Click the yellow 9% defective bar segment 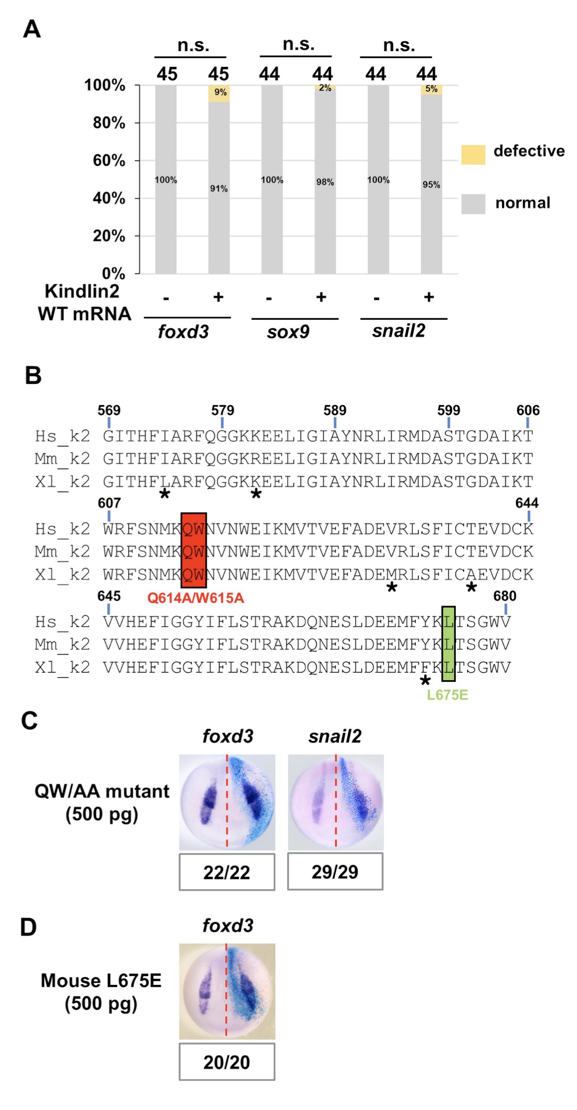[219, 94]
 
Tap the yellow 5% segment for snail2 [431, 90]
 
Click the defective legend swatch [473, 155]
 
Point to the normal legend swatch [473, 204]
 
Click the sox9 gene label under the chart [288, 332]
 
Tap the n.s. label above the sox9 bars [299, 44]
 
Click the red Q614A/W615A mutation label [195, 598]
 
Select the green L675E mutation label [447, 695]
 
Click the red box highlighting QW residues [193, 550]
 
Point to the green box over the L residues [448, 643]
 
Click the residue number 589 [335, 410]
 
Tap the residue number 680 [504, 596]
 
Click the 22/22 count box [227, 872]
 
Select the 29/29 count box [335, 871]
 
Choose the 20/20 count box [227, 1062]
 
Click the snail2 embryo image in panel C [335, 802]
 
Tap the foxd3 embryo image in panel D [227, 991]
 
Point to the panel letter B [33, 376]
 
